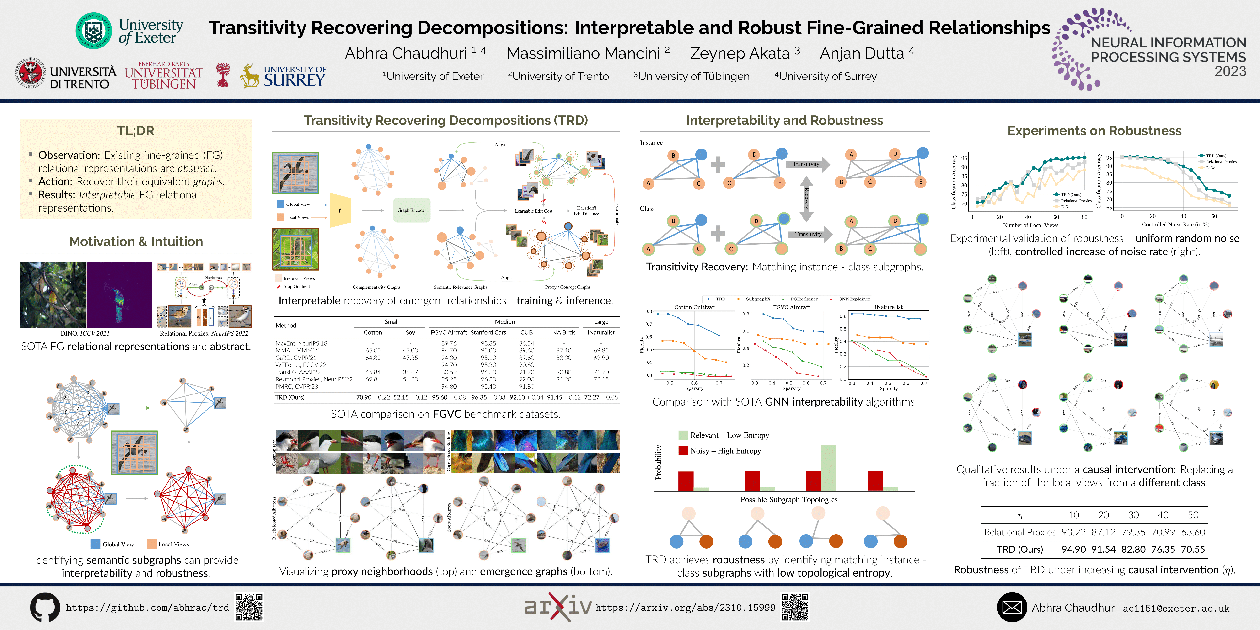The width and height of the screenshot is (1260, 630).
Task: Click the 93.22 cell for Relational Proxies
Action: pyautogui.click(x=1073, y=532)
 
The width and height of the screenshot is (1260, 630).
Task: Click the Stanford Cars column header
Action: pyautogui.click(x=488, y=333)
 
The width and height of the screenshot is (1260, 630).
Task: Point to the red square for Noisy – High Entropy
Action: pyautogui.click(x=683, y=451)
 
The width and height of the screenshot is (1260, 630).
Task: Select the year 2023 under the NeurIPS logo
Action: pyautogui.click(x=1230, y=71)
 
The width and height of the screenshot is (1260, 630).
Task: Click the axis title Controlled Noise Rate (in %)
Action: pyautogui.click(x=1175, y=224)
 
